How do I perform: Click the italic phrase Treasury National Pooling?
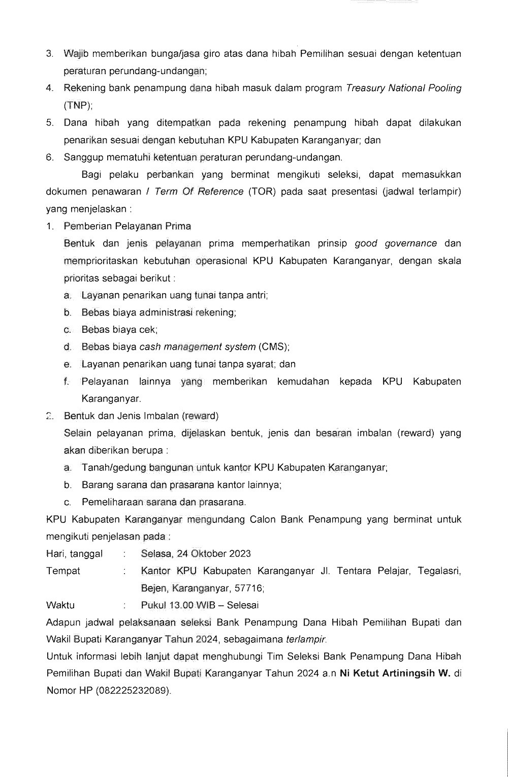[x=403, y=88]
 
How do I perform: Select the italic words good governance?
[x=396, y=243]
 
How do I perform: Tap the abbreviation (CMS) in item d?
[x=274, y=347]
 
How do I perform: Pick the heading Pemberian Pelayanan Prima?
[x=128, y=226]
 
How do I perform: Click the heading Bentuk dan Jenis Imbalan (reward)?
[x=141, y=416]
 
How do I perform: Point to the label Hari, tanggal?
[x=74, y=553]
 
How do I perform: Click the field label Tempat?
[x=63, y=571]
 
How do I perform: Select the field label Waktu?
[x=60, y=605]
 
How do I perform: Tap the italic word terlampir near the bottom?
[x=307, y=639]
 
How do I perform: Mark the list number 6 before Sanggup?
[x=50, y=157]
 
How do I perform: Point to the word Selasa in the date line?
[x=157, y=553]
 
